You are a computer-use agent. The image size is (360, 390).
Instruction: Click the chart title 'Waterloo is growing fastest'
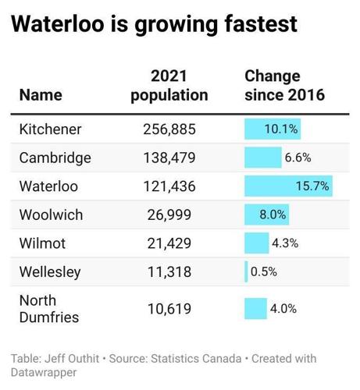[154, 24]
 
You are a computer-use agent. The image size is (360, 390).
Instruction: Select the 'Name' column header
[41, 95]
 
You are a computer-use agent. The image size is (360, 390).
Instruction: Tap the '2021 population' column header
[169, 86]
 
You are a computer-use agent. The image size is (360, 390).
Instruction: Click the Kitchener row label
[50, 129]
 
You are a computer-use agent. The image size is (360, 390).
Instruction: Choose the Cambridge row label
[55, 158]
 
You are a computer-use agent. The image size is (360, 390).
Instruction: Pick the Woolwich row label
[51, 214]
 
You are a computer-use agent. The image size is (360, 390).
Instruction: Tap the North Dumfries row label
[43, 309]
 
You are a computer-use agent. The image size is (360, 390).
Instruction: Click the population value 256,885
[169, 129]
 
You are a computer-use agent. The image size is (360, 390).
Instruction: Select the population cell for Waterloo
[169, 186]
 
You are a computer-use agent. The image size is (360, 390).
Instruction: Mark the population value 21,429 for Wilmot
[169, 243]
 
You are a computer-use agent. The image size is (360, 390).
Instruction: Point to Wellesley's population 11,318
[169, 272]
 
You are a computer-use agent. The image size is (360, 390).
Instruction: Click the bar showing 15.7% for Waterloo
[287, 186]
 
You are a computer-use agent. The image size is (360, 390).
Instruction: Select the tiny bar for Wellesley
[246, 272]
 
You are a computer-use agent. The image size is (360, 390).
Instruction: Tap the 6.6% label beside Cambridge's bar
[298, 158]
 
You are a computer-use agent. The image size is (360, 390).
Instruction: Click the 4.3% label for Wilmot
[284, 243]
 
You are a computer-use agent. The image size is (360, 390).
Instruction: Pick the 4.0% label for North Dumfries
[283, 309]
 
